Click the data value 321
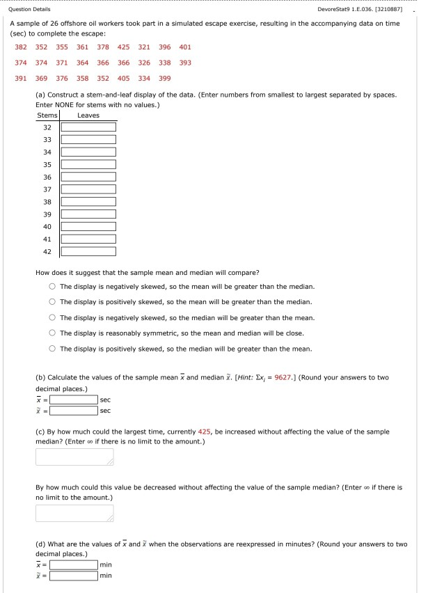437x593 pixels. click(144, 47)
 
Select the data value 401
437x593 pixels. click(184, 47)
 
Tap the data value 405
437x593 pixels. click(124, 78)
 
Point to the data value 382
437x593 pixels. click(22, 47)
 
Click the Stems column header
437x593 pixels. click(47, 116)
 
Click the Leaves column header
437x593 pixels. click(88, 116)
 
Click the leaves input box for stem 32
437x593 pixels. click(88, 127)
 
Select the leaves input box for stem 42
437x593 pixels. click(88, 251)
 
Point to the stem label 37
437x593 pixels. click(47, 189)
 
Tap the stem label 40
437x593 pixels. click(47, 226)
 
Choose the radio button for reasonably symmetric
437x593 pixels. click(52, 333)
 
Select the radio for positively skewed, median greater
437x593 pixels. click(52, 349)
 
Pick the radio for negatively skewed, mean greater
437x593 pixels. click(52, 287)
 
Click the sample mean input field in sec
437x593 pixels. click(73, 400)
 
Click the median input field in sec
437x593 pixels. click(73, 411)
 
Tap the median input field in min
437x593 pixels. click(73, 576)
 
